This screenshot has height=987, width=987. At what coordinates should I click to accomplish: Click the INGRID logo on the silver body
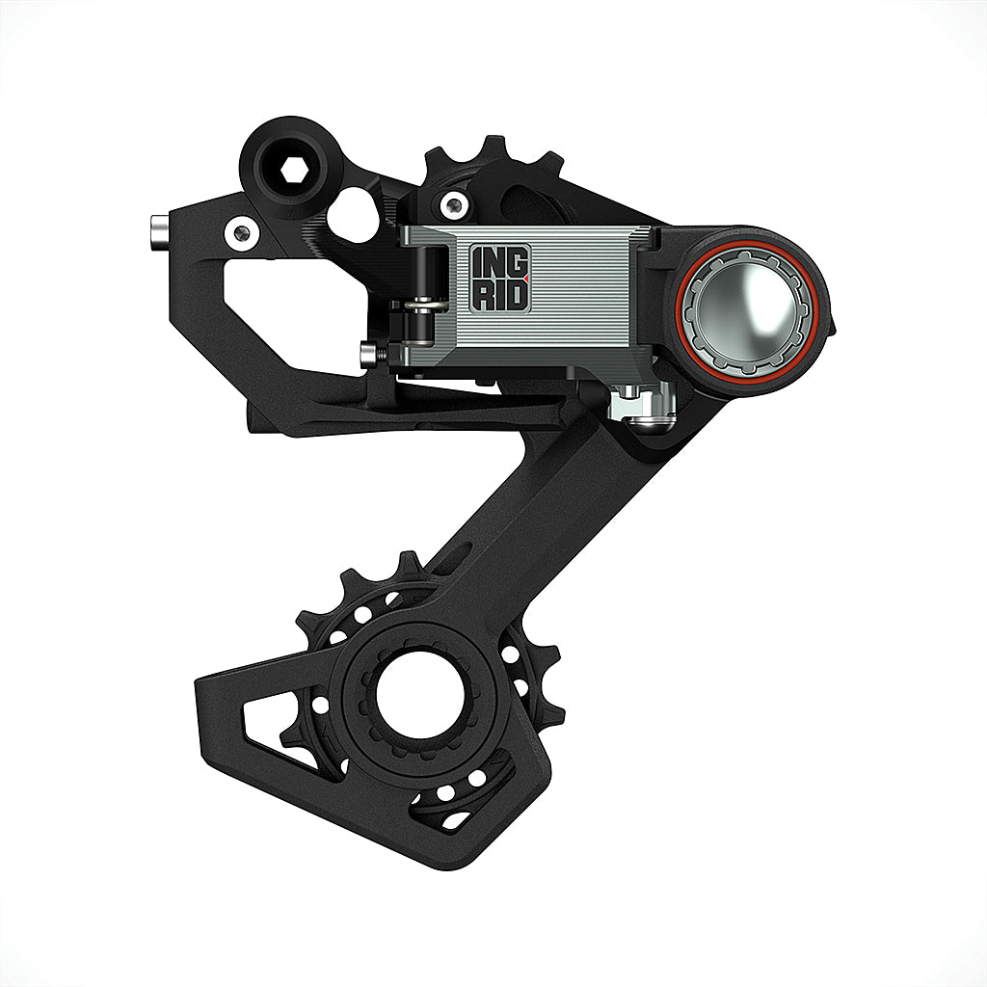pyautogui.click(x=500, y=278)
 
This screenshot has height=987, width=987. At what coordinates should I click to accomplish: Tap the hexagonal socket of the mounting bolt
pyautogui.click(x=293, y=172)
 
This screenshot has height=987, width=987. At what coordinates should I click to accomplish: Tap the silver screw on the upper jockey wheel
pyautogui.click(x=451, y=204)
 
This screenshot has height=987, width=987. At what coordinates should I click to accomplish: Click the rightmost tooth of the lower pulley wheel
pyautogui.click(x=551, y=665)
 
